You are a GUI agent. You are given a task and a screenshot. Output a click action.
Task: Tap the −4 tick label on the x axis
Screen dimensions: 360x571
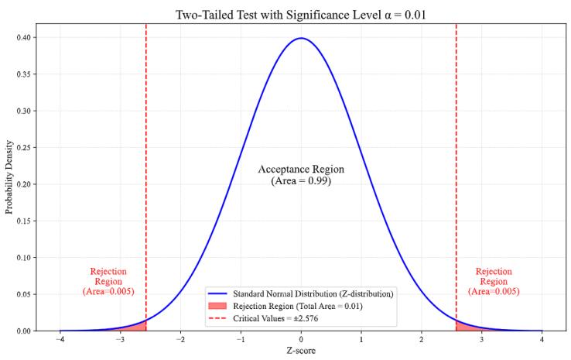click(60, 340)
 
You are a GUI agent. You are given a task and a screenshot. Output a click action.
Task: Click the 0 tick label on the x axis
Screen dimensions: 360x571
click(301, 340)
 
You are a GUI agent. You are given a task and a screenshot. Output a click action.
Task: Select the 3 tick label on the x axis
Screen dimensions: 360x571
click(481, 340)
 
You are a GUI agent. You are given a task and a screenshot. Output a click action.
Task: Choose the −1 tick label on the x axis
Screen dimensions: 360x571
click(240, 340)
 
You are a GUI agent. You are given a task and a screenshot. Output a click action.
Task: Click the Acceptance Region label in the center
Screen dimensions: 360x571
click(301, 175)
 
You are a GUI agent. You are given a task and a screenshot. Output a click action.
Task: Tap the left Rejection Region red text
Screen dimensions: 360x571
click(108, 281)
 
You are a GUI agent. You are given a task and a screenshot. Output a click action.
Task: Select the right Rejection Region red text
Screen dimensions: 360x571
click(494, 281)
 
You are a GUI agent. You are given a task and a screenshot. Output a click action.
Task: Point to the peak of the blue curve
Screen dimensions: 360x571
click(301, 38)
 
